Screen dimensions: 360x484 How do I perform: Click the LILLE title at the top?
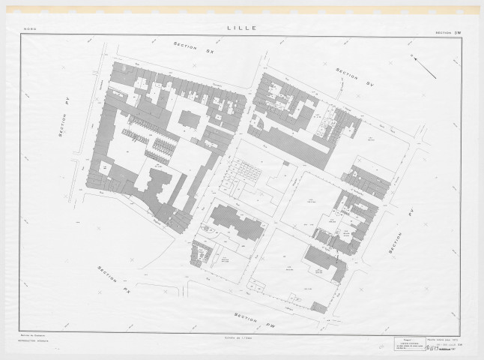pyautogui.click(x=241, y=28)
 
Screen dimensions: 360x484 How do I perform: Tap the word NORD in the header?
pyautogui.click(x=30, y=31)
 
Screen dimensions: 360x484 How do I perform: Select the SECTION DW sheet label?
pyautogui.click(x=449, y=31)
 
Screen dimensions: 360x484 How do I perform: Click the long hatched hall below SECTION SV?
pyautogui.click(x=292, y=142)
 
